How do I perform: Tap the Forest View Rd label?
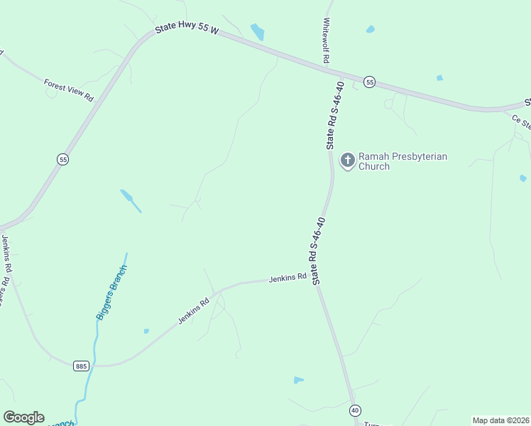pos(68,90)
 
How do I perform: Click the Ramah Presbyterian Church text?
pos(403,161)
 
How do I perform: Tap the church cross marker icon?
pos(348,160)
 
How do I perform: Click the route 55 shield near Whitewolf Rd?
pos(369,82)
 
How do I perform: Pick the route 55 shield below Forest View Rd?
pos(63,160)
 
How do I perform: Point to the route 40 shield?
pos(354,410)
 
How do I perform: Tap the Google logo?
pos(23,417)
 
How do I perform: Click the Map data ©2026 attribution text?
pos(500,420)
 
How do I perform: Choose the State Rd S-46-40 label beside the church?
pos(335,115)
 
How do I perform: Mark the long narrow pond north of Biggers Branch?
pos(131,200)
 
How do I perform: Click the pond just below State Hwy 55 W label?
pos(257,32)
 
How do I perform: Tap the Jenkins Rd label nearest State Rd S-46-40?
pos(288,279)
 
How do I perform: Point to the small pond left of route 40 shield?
pos(298,380)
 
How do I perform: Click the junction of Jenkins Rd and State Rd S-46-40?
pos(313,280)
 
